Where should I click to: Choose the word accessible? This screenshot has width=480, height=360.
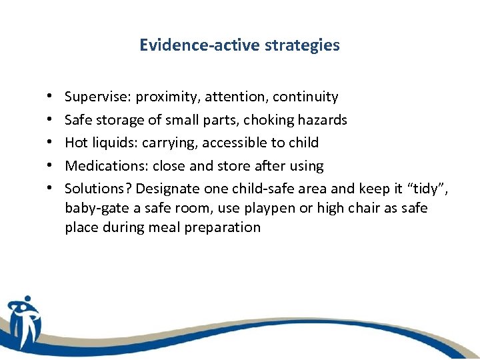point(233,143)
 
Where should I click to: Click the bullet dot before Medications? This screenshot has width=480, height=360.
point(51,166)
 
